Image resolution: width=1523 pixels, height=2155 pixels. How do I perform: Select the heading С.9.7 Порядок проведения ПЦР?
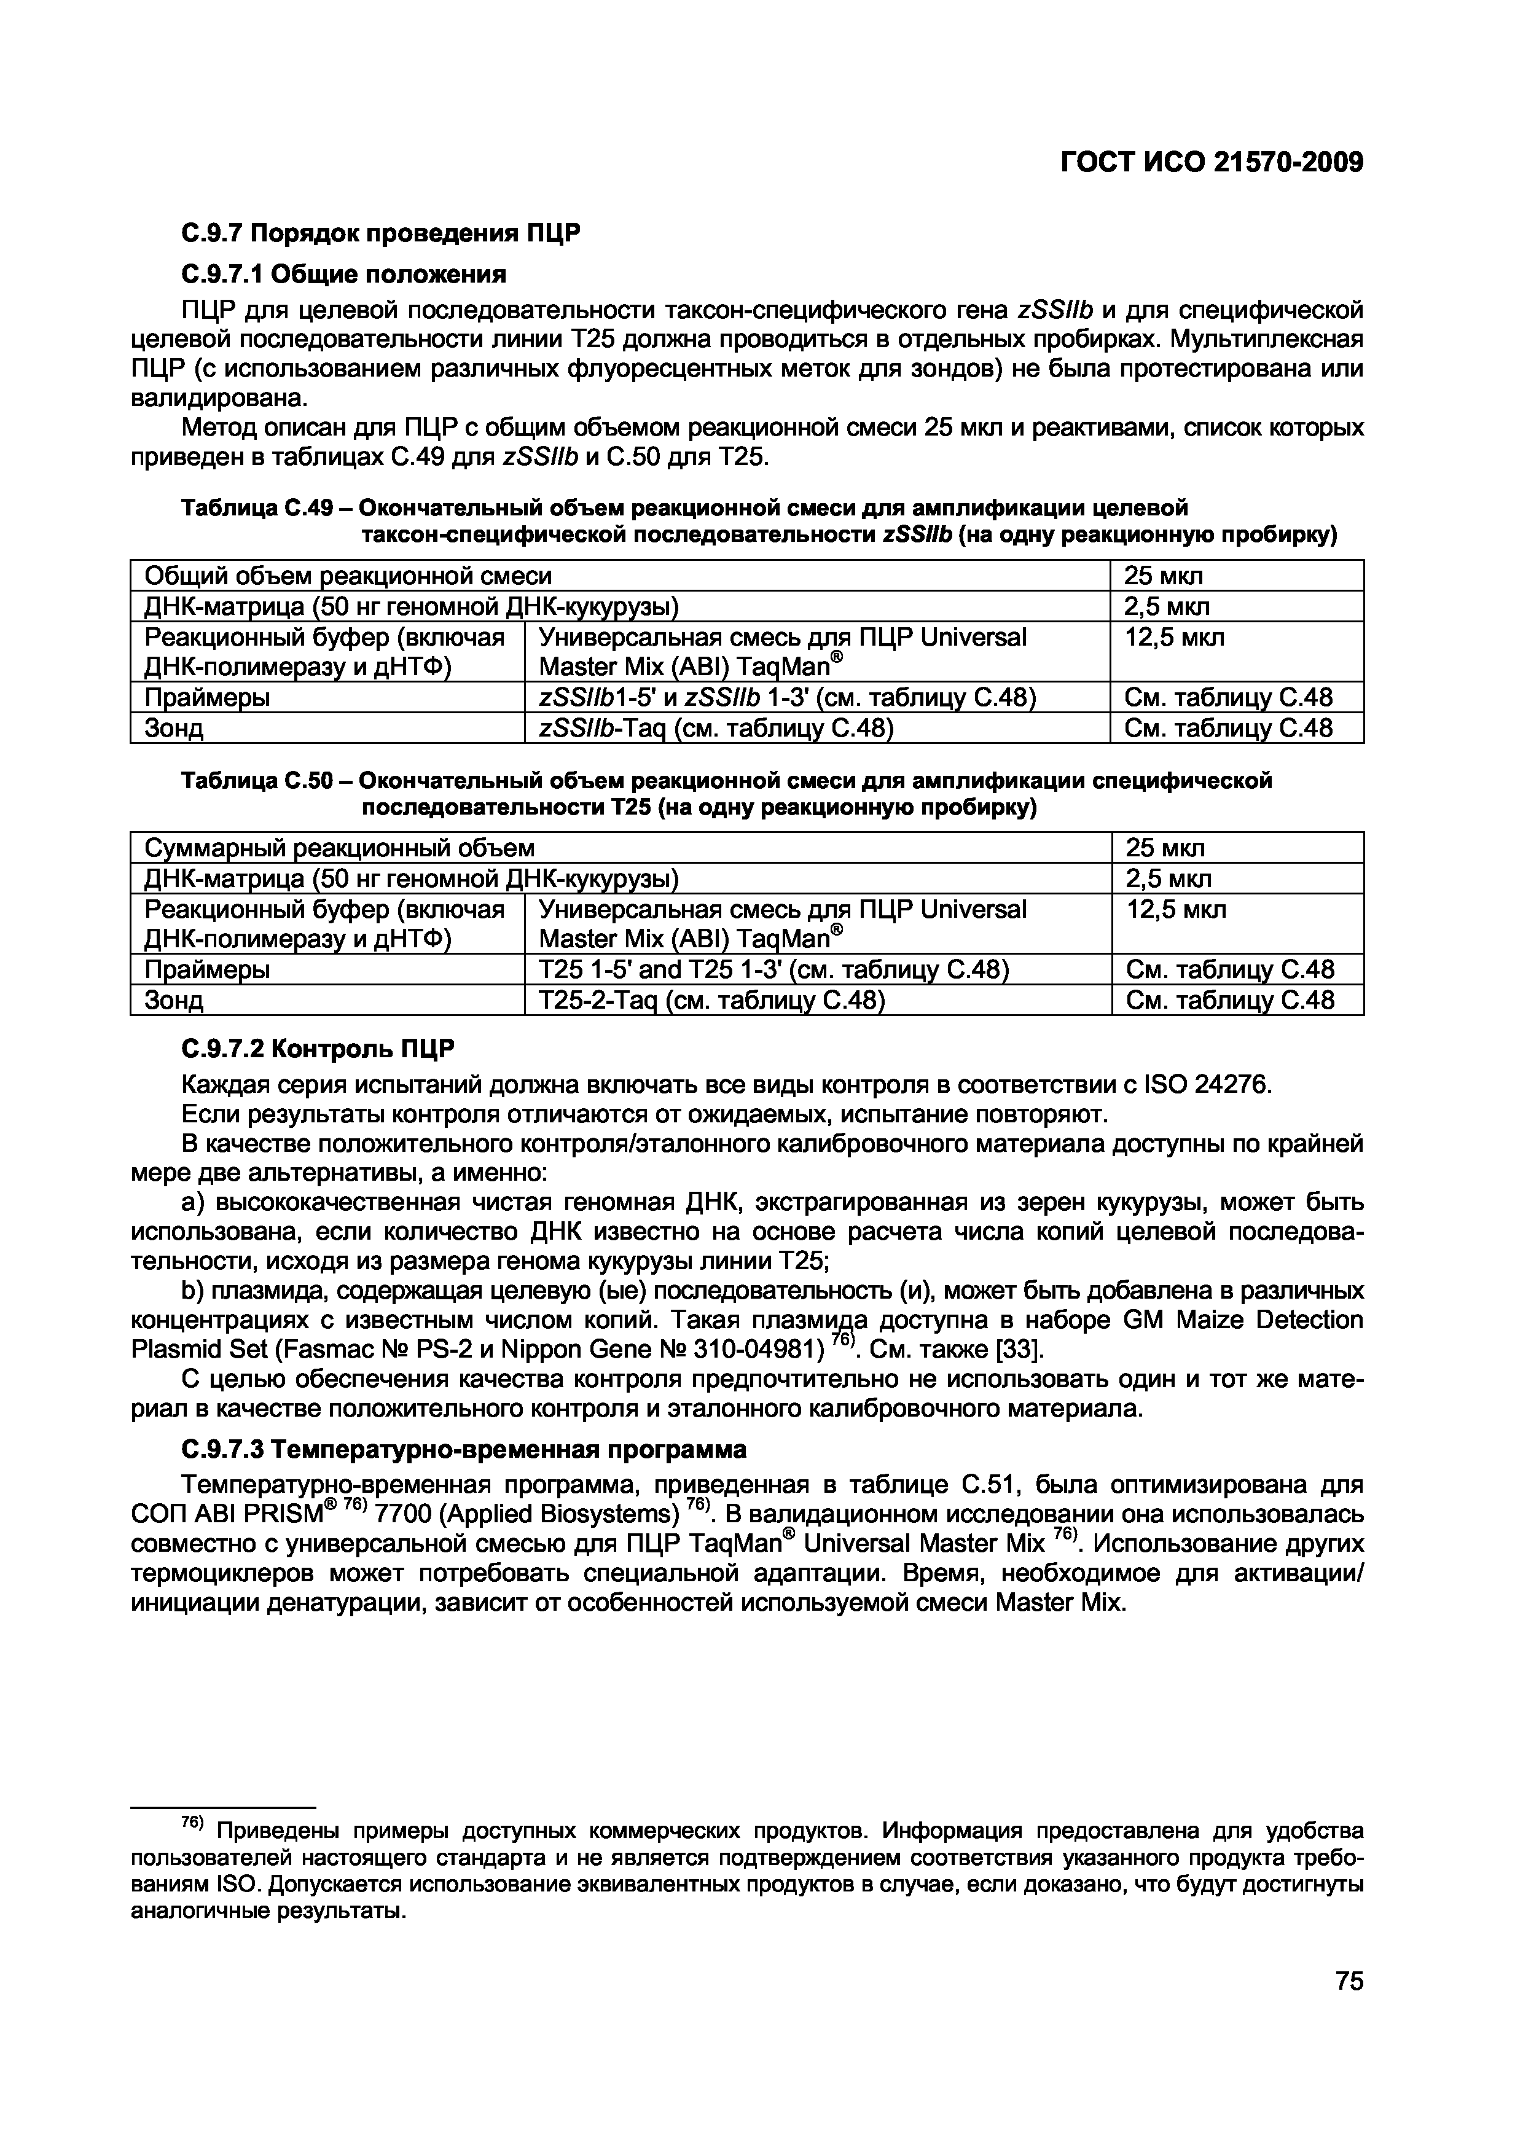(x=381, y=233)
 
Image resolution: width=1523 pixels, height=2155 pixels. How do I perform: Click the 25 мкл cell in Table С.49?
(x=1164, y=576)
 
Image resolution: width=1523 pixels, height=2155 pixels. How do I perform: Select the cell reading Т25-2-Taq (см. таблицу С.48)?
(x=712, y=1001)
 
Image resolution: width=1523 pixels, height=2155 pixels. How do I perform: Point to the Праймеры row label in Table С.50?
(x=208, y=969)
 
